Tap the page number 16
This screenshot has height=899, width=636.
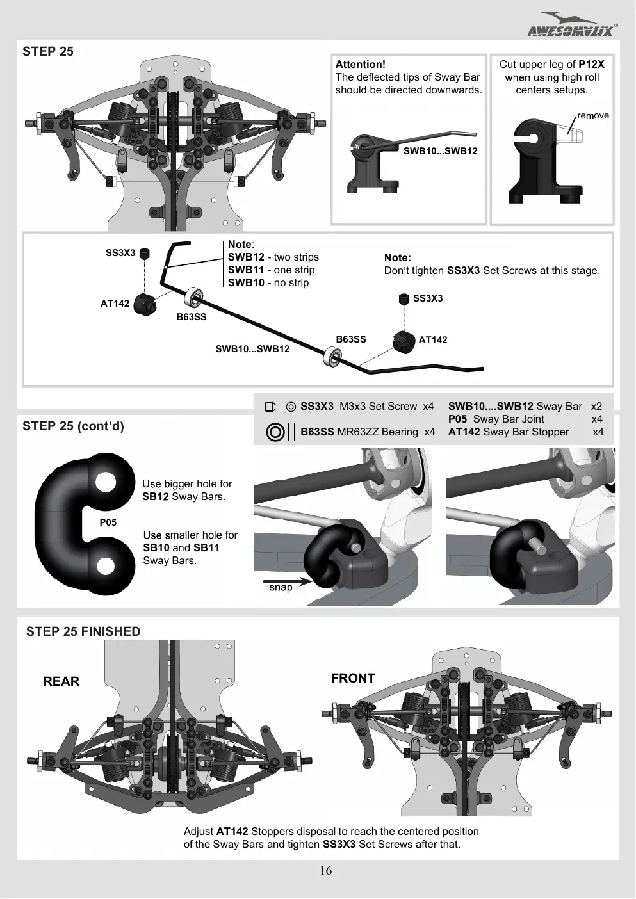pyautogui.click(x=325, y=870)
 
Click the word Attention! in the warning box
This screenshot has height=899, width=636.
pyautogui.click(x=360, y=64)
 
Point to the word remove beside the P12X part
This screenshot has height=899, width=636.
pyautogui.click(x=593, y=116)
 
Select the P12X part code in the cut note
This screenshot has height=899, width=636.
pyautogui.click(x=591, y=64)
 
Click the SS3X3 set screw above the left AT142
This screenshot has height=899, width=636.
pyautogui.click(x=144, y=254)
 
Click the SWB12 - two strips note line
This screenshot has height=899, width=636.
pyautogui.click(x=273, y=257)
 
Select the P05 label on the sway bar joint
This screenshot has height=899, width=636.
pyautogui.click(x=108, y=522)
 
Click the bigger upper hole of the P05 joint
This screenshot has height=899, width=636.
pyautogui.click(x=105, y=482)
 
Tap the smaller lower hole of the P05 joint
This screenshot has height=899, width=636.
pyautogui.click(x=105, y=566)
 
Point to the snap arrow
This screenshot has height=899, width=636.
pyautogui.click(x=288, y=581)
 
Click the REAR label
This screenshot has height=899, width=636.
pyautogui.click(x=61, y=681)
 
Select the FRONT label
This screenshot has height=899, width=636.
pyautogui.click(x=353, y=678)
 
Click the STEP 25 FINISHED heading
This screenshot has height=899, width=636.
pyautogui.click(x=83, y=631)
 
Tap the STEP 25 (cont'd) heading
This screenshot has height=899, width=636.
pyautogui.click(x=73, y=426)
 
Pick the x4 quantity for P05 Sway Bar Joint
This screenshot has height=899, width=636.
pyautogui.click(x=597, y=419)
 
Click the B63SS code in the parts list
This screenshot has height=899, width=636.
pyautogui.click(x=317, y=432)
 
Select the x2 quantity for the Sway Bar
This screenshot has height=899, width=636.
pyautogui.click(x=596, y=406)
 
